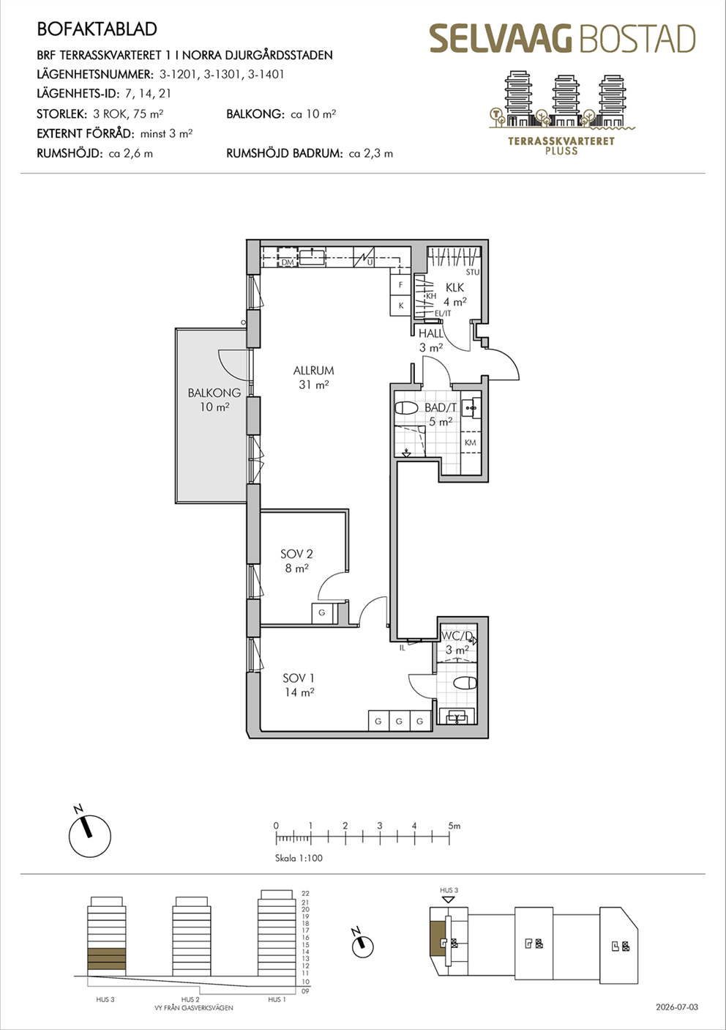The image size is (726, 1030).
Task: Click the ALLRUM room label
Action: (x=314, y=370)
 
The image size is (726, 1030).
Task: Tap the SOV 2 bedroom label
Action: (x=296, y=554)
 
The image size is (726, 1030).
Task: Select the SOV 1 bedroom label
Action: (x=299, y=678)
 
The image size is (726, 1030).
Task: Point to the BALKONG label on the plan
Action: (x=214, y=393)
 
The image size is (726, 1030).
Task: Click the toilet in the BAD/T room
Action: (x=406, y=408)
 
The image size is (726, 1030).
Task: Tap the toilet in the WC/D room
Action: (x=465, y=683)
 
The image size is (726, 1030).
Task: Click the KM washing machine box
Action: (x=471, y=442)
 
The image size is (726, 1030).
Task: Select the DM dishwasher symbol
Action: (x=288, y=258)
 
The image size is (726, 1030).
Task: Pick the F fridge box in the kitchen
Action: (x=400, y=285)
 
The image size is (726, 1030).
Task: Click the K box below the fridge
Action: (x=400, y=305)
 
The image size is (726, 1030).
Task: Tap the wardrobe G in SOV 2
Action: (x=321, y=612)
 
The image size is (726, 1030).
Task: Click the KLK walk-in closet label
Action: (x=455, y=287)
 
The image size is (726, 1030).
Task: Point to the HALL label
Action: (x=431, y=333)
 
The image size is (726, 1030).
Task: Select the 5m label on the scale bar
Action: (x=454, y=826)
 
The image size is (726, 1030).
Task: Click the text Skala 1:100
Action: (x=299, y=858)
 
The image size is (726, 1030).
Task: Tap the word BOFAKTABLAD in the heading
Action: (x=97, y=29)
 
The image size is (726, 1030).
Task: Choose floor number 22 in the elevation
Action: (x=306, y=894)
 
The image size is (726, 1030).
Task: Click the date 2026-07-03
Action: (x=677, y=1007)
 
